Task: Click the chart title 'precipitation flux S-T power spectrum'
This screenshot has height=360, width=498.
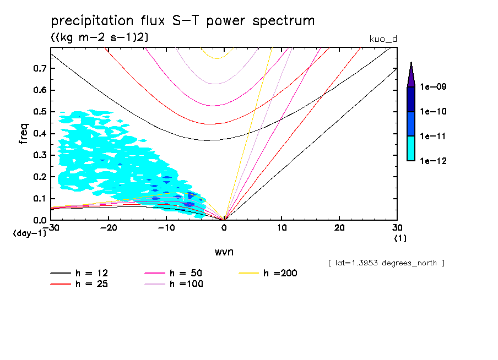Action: coord(183,21)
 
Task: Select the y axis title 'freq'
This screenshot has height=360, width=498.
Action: coord(24,134)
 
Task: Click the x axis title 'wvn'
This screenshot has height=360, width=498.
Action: coord(224,252)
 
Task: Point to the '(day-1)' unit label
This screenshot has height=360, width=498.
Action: coord(29,233)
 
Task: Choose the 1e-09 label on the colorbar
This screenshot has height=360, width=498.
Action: coord(434,87)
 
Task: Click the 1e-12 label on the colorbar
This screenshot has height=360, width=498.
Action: coord(434,161)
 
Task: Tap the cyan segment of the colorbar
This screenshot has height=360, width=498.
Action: coord(410,148)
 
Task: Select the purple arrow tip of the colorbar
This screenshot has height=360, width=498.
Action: coord(410,75)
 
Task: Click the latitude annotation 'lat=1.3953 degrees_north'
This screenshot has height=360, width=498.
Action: coord(386,263)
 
